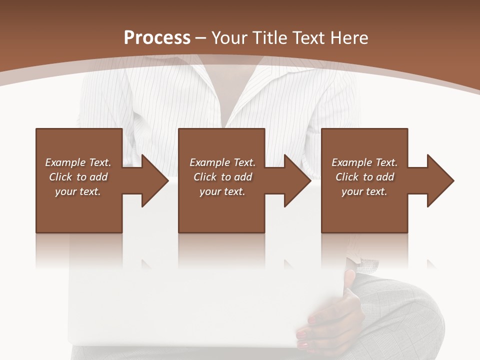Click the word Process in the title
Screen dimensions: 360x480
(x=157, y=38)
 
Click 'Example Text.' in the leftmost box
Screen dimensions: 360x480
(x=78, y=162)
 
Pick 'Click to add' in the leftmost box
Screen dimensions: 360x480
(x=78, y=177)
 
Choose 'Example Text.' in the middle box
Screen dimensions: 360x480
(x=222, y=162)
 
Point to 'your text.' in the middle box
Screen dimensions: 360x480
(x=222, y=191)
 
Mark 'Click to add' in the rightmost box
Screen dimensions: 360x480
(x=364, y=177)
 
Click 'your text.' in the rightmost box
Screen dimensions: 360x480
(x=364, y=191)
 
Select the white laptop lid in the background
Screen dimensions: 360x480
(x=200, y=305)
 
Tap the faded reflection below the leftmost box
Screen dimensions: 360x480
(x=79, y=250)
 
